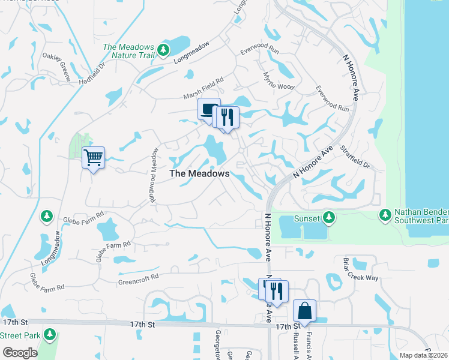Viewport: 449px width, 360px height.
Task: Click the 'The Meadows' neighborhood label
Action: pos(199,173)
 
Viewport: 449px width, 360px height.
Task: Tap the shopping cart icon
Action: pos(93,158)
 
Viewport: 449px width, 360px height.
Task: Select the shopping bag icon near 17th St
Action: pos(304,311)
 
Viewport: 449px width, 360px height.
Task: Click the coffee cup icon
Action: pos(209,109)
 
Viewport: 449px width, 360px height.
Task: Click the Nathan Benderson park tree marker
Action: pos(385,214)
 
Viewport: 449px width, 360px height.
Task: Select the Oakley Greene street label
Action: pos(56,66)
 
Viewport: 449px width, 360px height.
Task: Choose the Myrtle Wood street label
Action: pos(279,81)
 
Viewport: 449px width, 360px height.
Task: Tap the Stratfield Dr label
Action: pos(355,156)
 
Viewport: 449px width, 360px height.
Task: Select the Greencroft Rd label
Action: pos(138,278)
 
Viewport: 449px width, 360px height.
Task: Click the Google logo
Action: pos(20,353)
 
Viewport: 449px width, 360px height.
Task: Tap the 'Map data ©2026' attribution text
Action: pos(423,355)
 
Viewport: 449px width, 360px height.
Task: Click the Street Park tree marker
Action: pos(50,334)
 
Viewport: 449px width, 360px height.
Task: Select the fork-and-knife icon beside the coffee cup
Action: pos(227,117)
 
